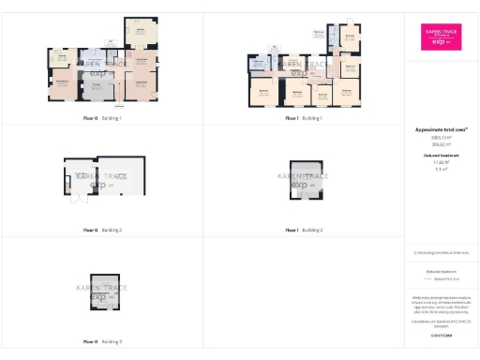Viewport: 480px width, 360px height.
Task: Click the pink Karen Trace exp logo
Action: tap(441, 37)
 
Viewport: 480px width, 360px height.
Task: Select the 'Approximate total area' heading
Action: tap(441, 128)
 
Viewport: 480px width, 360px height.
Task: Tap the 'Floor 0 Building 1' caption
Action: tap(102, 119)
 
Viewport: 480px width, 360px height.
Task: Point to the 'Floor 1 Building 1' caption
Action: tap(304, 119)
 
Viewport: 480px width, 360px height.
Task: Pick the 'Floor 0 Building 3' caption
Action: tap(102, 341)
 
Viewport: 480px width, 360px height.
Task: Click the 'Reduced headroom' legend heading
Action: tap(441, 270)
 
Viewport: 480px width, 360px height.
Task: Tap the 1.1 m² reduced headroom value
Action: tap(441, 169)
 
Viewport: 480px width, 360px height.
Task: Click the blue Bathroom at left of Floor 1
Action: tap(259, 65)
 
